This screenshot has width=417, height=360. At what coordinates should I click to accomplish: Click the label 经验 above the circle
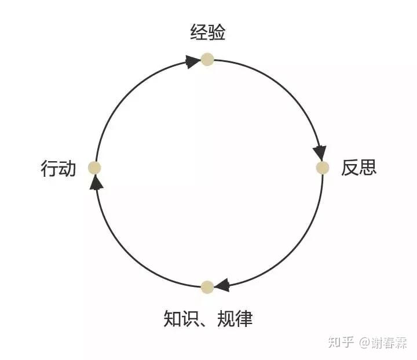[x=207, y=32]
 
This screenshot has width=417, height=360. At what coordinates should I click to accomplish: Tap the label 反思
[x=359, y=168]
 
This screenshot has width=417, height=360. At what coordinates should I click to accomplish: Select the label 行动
[x=58, y=169]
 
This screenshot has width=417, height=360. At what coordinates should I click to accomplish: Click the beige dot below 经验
[x=207, y=59]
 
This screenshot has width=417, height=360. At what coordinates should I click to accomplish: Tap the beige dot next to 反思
[x=323, y=168]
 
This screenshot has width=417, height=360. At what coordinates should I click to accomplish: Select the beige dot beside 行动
[x=94, y=168]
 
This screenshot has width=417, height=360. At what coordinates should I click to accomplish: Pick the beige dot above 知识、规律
[x=207, y=286]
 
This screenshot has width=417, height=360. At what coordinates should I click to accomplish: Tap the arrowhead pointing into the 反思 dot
[x=319, y=153]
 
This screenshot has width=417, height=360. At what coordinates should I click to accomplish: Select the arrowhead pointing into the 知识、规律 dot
[x=222, y=285]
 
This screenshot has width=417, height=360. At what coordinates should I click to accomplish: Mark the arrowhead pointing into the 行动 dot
[x=97, y=183]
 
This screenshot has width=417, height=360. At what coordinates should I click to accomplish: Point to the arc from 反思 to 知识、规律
[x=288, y=252]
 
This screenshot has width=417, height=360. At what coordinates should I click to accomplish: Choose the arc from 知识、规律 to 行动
[x=127, y=252]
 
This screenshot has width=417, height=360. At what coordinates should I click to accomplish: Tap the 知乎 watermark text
[x=341, y=342]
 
